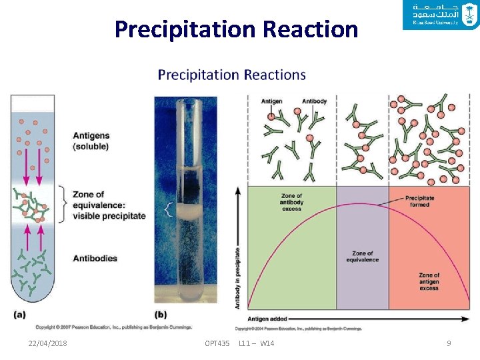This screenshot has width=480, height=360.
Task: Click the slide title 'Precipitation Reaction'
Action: (236, 30)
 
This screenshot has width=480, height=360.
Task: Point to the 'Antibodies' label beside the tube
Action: (95, 258)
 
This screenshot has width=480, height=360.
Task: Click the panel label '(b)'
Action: (161, 313)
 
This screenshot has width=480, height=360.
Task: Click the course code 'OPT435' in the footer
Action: (217, 343)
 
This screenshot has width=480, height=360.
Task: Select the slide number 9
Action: (449, 343)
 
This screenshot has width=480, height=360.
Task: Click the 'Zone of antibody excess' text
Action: (292, 202)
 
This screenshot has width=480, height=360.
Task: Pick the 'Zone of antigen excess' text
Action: (429, 281)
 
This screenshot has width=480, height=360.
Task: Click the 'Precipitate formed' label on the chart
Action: (420, 201)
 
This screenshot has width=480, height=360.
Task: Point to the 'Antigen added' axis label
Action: (268, 319)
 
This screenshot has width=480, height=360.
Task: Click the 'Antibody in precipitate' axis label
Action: (238, 278)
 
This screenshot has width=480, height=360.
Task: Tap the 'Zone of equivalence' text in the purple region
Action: (362, 257)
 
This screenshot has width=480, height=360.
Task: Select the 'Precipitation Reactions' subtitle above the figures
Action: (231, 75)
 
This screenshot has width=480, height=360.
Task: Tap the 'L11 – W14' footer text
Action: (256, 343)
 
